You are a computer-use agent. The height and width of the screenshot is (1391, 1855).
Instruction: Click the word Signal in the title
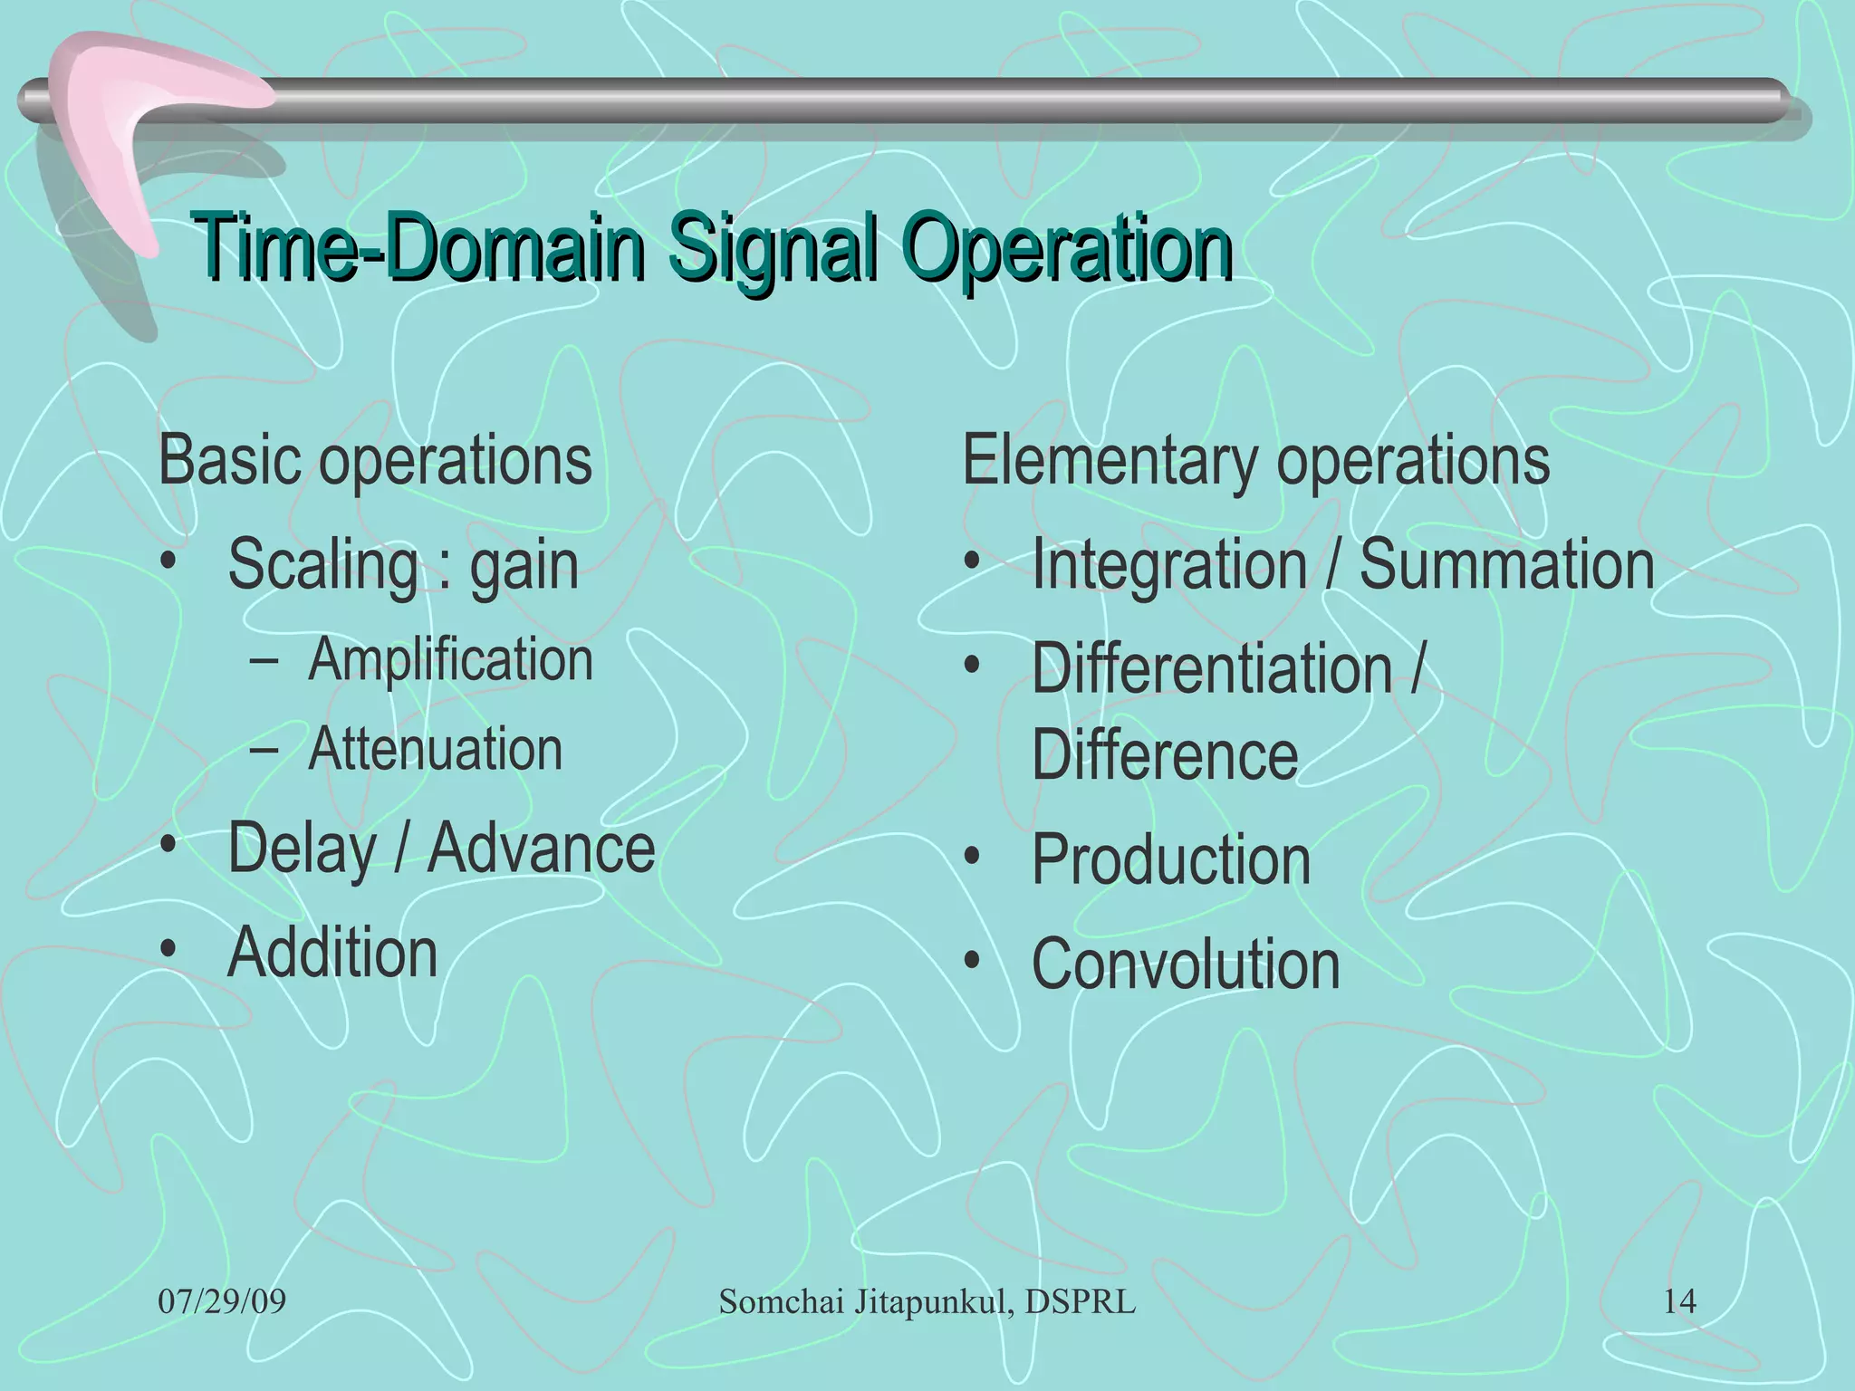coord(773,246)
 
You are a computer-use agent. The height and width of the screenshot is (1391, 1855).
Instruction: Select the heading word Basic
coord(230,460)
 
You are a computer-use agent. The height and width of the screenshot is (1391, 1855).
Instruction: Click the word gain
coord(524,566)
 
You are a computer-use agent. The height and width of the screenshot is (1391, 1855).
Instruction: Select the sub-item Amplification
coord(450,659)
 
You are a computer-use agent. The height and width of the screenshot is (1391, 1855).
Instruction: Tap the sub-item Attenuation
coord(435,750)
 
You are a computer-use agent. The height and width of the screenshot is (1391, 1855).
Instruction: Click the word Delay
coord(302,849)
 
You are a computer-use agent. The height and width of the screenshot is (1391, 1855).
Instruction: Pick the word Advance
coord(541,849)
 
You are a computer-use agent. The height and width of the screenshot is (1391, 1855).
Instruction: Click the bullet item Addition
coord(332,953)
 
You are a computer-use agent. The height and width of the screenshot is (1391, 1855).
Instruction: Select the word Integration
coord(1168,566)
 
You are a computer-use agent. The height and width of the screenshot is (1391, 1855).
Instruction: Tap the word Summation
coord(1506,564)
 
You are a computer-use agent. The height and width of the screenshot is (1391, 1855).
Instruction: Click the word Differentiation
coord(1211,669)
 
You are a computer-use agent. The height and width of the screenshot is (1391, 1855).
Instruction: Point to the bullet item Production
coord(1170,859)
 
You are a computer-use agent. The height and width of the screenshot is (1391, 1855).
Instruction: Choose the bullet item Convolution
coord(1185,964)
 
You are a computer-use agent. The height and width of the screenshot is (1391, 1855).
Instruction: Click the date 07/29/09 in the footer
coord(222,1302)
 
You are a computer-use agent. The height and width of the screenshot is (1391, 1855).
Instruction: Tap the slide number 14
coord(1679,1302)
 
